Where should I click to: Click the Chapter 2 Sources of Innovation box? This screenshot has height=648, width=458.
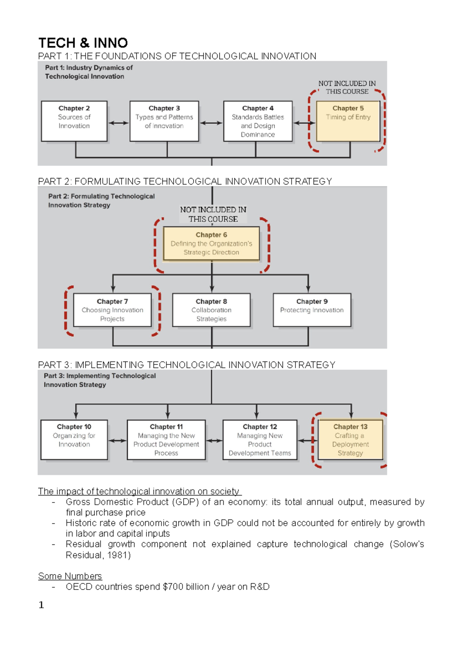point(74,121)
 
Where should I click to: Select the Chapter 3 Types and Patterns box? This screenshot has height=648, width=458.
point(164,121)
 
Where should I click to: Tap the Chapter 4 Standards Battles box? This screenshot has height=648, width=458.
point(258,121)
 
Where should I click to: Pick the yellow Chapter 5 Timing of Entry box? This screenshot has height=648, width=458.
point(348,121)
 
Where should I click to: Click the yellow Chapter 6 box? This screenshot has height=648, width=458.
point(211,244)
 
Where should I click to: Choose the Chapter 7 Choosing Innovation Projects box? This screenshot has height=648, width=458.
point(113,310)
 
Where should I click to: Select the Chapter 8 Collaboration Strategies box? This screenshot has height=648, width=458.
point(211,310)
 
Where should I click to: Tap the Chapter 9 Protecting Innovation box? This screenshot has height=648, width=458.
point(312,310)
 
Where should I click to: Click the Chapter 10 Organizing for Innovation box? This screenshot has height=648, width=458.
point(74,440)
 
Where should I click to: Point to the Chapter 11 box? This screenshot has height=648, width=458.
point(166,440)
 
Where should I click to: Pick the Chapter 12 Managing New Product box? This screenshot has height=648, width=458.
point(260,440)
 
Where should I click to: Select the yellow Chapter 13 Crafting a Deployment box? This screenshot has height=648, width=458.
point(350,440)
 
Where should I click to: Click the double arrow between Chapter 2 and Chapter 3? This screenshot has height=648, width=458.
point(118,123)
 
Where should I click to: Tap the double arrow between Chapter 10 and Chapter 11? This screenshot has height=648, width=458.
point(117,441)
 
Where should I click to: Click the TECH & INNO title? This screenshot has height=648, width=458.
point(83,43)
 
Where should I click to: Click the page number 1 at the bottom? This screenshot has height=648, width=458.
point(41,605)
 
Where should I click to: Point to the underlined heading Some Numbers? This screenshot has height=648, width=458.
point(70,576)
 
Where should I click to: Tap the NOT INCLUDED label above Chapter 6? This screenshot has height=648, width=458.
point(213,214)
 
